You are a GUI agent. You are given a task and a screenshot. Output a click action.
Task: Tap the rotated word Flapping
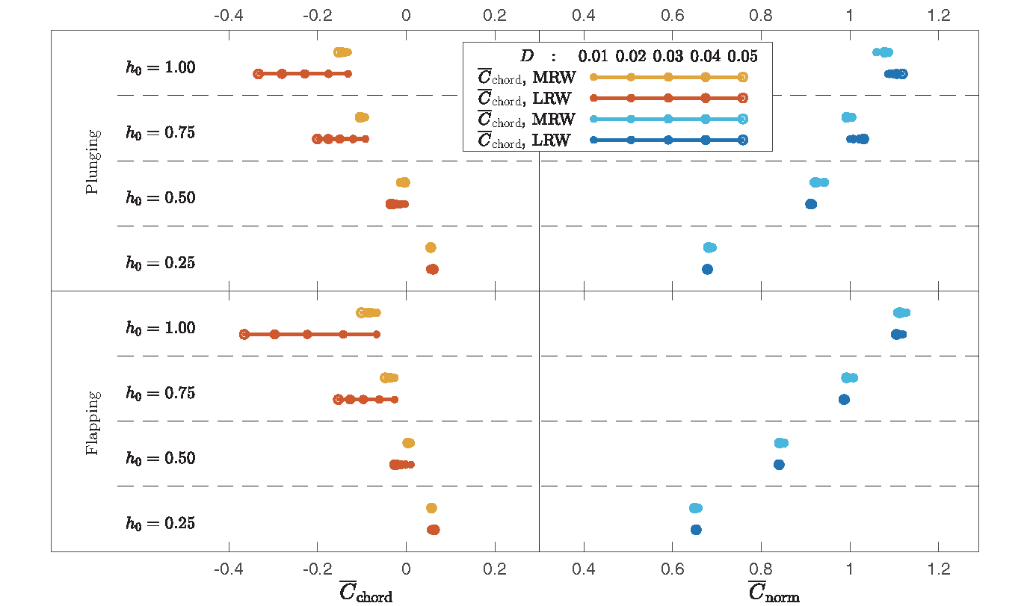click(x=93, y=423)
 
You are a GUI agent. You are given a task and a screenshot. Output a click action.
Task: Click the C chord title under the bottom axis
click(x=366, y=592)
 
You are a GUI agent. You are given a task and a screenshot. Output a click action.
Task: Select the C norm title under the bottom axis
click(x=774, y=592)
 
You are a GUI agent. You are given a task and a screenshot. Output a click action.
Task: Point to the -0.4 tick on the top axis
click(x=228, y=14)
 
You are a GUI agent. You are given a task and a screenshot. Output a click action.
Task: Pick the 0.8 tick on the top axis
click(x=761, y=14)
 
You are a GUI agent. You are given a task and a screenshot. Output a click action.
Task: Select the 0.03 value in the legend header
click(x=668, y=56)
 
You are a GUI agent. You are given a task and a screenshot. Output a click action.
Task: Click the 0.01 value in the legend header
click(x=593, y=56)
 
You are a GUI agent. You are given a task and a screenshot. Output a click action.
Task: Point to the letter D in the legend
click(x=526, y=56)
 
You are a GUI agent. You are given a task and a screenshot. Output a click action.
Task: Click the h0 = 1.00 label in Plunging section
click(x=160, y=67)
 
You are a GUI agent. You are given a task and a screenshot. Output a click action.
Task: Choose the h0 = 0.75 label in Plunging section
click(x=160, y=133)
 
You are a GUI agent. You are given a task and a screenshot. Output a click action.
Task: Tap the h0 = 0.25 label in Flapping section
click(x=160, y=523)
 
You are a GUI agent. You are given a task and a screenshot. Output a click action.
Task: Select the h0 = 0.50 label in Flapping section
click(x=160, y=458)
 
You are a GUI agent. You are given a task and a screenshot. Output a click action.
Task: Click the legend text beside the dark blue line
click(x=526, y=140)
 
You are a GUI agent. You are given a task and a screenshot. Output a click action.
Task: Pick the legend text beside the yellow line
click(x=526, y=77)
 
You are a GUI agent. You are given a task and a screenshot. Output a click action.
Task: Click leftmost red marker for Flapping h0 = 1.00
click(x=244, y=334)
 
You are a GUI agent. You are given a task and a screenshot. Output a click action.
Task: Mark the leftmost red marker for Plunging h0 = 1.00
click(x=258, y=73)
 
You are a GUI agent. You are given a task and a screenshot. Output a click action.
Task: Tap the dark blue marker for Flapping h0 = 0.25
click(x=696, y=530)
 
